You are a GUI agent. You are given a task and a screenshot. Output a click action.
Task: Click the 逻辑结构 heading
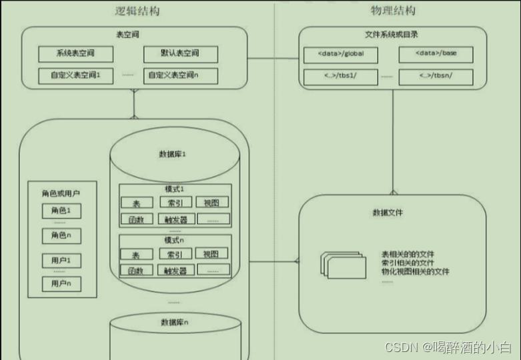pos(137,11)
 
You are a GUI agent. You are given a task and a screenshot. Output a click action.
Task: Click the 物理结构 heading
pos(393,11)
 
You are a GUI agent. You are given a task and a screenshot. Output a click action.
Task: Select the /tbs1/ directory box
pos(340,77)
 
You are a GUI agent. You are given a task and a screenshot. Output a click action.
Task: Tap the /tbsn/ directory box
pos(436,77)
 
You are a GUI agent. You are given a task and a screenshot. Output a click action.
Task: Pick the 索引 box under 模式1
pos(175,203)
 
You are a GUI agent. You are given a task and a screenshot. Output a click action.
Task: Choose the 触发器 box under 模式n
pos(175,270)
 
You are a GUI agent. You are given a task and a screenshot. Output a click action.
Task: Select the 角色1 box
pos(61,211)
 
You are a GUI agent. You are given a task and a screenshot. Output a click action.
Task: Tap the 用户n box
pos(61,283)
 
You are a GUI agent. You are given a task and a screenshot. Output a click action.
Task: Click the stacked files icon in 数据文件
pos(344,265)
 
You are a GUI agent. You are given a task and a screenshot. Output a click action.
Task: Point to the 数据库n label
pos(174,322)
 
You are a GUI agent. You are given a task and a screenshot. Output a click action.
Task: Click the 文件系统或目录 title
pos(392,34)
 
